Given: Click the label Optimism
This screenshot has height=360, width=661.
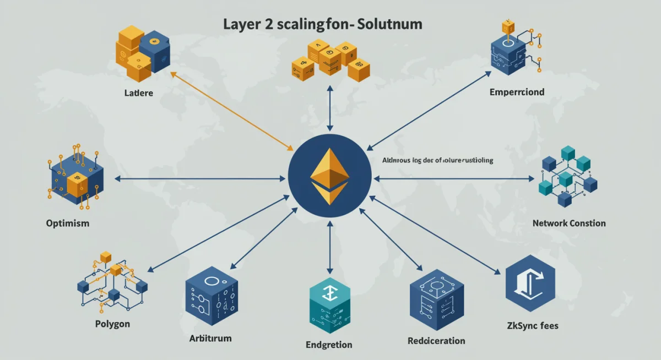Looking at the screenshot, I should tap(68, 224).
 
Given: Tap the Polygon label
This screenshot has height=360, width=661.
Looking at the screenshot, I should tap(112, 323).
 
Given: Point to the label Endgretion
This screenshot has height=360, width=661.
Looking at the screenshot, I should tap(329, 345).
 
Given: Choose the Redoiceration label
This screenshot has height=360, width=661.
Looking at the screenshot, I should tap(436, 341).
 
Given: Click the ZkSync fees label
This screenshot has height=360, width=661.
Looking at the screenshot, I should tap(532, 325).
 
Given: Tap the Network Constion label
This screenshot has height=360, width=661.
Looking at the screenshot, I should tap(569, 223).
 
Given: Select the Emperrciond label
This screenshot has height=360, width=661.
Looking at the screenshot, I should tap(517, 91).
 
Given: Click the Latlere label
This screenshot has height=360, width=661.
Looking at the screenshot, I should tap(139, 93).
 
